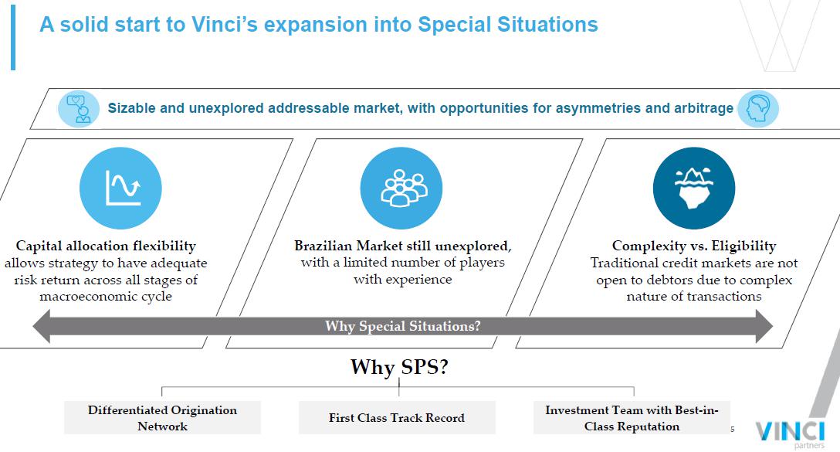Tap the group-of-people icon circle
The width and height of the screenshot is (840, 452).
(x=401, y=189)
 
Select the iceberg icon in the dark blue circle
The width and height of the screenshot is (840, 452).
(x=694, y=189)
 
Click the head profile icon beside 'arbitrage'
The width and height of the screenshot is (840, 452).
(x=757, y=109)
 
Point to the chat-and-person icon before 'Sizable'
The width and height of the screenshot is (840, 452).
(x=79, y=109)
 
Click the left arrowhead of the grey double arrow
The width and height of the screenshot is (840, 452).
(x=42, y=326)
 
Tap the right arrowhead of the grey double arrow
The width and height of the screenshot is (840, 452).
(x=764, y=326)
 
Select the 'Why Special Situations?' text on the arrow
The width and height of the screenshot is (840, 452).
(x=403, y=326)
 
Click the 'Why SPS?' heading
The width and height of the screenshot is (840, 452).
(x=399, y=367)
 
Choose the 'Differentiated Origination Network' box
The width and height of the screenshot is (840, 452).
(x=162, y=418)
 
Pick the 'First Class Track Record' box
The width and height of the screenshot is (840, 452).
(x=397, y=418)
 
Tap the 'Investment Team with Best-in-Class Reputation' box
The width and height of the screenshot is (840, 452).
(x=632, y=418)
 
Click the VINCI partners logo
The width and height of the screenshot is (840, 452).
(x=790, y=433)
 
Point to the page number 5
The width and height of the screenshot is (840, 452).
(x=733, y=429)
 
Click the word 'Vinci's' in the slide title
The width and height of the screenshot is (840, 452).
(x=225, y=25)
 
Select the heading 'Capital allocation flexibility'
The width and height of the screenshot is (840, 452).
(x=106, y=246)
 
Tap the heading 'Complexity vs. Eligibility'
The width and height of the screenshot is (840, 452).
(x=694, y=246)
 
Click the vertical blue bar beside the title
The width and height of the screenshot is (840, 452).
(x=13, y=38)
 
